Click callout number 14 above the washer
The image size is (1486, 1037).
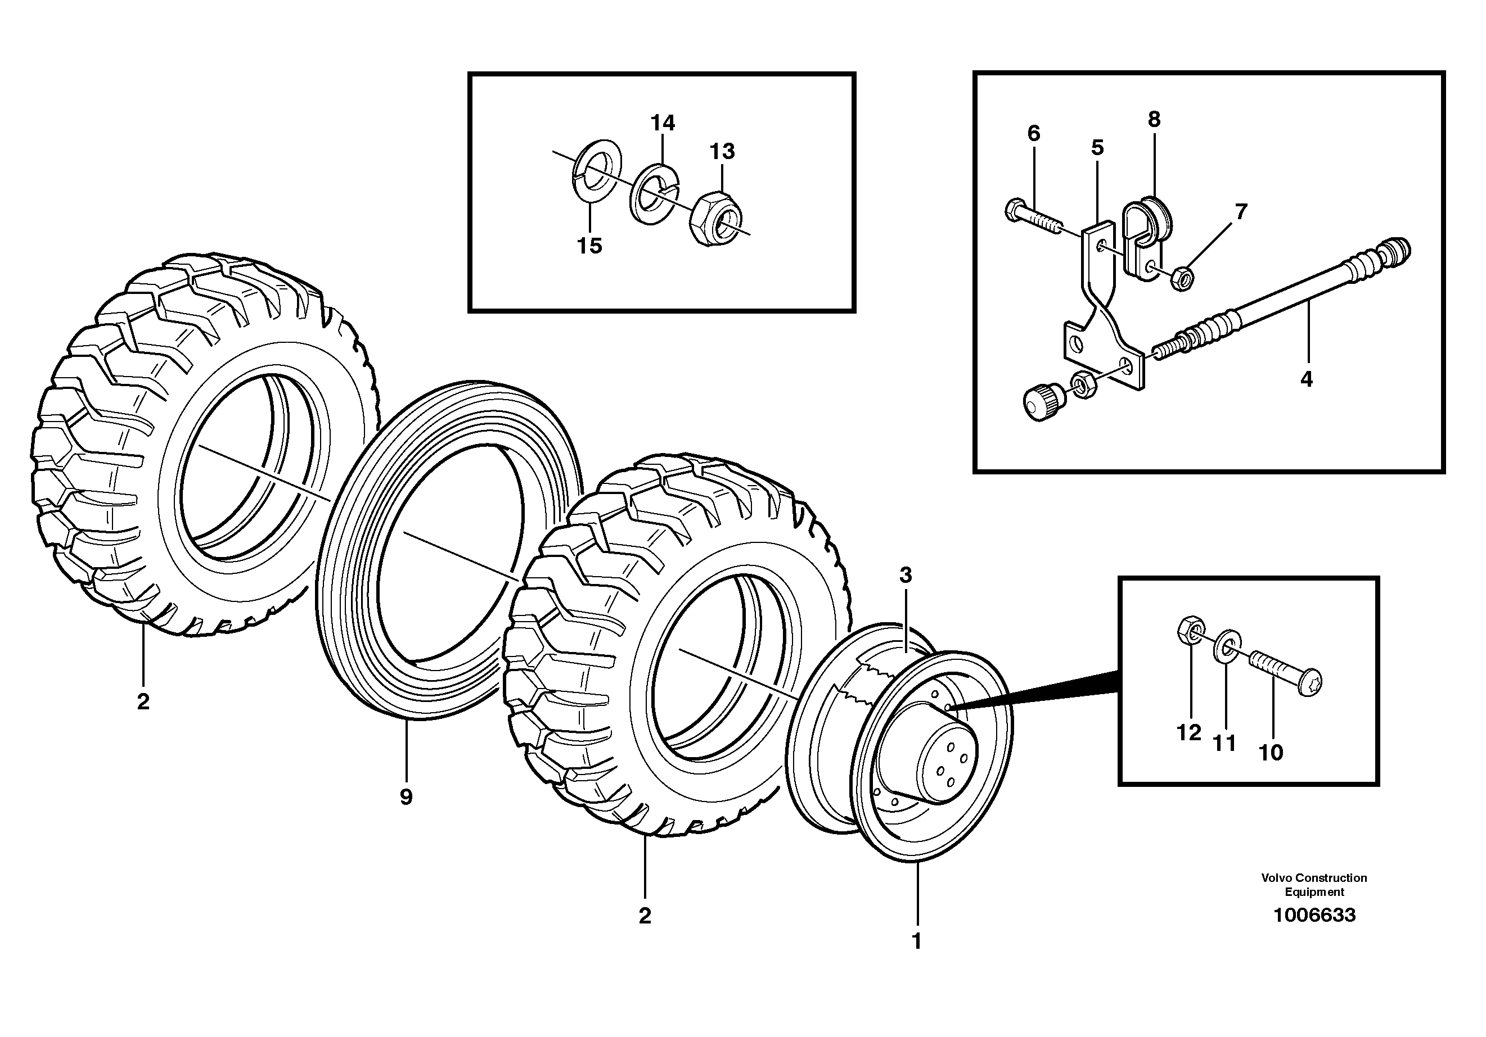pos(662,123)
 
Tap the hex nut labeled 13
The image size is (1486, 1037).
pos(721,218)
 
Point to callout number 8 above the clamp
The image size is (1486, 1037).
pos(1154,119)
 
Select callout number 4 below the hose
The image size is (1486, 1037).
pos(1306,379)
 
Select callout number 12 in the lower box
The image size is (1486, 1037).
pos(1188,733)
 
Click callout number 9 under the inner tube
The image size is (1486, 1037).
pos(406,798)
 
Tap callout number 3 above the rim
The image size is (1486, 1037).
pos(906,575)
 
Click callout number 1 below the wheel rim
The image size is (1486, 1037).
pos(916,942)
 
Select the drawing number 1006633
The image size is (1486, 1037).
pos(1314,916)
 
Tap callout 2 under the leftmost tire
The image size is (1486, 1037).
pos(143,701)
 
